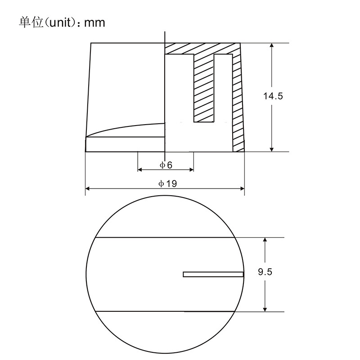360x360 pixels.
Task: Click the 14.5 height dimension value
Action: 273,96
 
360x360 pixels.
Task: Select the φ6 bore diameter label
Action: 166,165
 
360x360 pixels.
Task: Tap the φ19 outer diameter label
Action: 167,184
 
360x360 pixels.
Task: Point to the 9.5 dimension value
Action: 265,272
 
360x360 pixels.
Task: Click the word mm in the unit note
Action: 94,23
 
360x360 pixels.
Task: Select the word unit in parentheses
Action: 60,23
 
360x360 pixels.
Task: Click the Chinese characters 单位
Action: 31,22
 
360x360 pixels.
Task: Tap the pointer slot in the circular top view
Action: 213,274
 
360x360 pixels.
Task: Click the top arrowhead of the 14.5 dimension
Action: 272,45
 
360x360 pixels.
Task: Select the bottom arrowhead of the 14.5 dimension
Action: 272,149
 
